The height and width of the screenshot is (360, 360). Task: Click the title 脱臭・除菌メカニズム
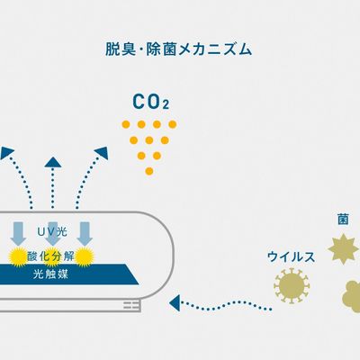pos(178,49)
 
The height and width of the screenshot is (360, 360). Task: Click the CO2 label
pos(151,102)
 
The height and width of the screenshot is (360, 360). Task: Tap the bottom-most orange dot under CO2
pos(149,171)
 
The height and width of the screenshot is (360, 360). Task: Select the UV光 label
pos(52,231)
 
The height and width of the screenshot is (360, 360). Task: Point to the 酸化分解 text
pos(50,256)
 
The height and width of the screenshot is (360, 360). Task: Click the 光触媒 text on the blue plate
pos(50,274)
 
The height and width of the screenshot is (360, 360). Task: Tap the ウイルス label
pos(291,257)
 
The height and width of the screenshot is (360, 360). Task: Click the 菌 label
pos(343,220)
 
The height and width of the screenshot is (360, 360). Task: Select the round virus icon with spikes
pos(292,285)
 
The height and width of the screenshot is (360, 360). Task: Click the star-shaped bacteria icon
pos(344,249)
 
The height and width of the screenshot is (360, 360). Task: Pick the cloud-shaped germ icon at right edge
pos(352,292)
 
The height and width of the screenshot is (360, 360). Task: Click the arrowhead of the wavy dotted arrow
pos(175,302)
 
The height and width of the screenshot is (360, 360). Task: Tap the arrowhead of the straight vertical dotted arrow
pos(53,162)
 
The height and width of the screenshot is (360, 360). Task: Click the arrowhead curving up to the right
pos(102,152)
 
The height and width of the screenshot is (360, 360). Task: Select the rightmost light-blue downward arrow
pos(85,234)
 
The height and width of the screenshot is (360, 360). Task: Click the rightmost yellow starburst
pos(85,256)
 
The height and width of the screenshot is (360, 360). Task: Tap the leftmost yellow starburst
pos(19,256)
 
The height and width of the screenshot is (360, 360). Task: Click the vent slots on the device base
pos(132,305)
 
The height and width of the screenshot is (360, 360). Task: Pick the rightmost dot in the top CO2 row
pos(173,124)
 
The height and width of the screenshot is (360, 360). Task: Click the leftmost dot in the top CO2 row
pos(126,124)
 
